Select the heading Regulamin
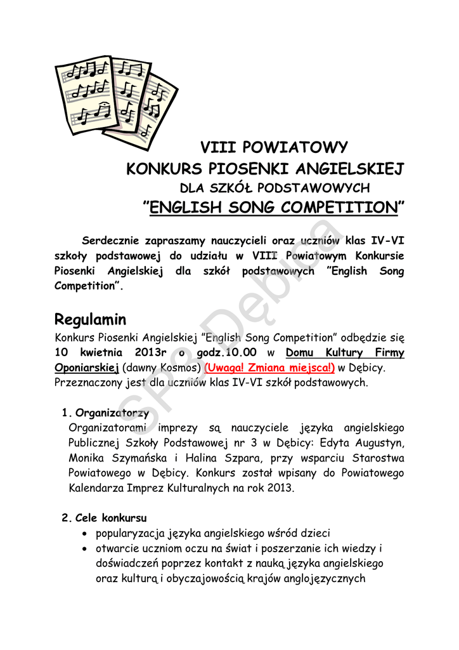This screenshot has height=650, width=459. tap(91, 319)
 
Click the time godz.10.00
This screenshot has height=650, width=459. tap(228, 352)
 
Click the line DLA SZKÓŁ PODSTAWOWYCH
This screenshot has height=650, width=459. tap(275, 188)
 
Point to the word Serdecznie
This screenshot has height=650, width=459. tap(110, 241)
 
